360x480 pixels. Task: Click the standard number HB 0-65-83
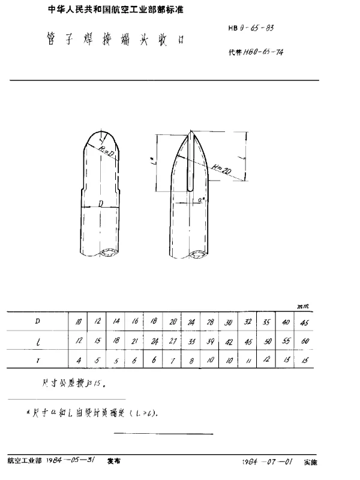251,28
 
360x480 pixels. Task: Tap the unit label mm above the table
302,307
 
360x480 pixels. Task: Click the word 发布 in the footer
113,462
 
